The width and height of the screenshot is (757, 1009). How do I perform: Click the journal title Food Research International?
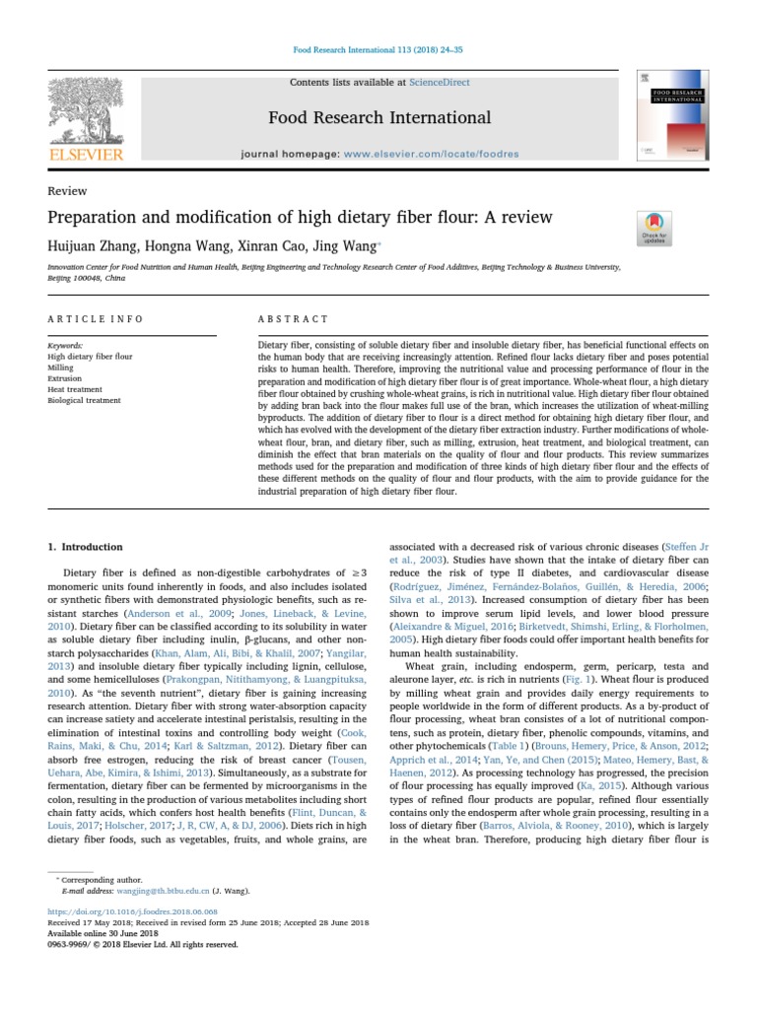point(379,118)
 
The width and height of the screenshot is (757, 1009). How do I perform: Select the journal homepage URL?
point(414,155)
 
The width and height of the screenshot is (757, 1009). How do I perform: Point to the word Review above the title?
point(67,191)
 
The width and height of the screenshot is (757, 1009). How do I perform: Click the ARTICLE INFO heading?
point(96,319)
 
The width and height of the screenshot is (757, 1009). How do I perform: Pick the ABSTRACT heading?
point(293,319)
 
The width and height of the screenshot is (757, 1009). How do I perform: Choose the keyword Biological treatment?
point(84,400)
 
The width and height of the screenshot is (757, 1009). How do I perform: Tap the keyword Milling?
point(61,367)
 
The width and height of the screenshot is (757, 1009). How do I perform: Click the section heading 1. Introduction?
point(86,547)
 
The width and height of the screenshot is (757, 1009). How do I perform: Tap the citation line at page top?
point(378,50)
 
